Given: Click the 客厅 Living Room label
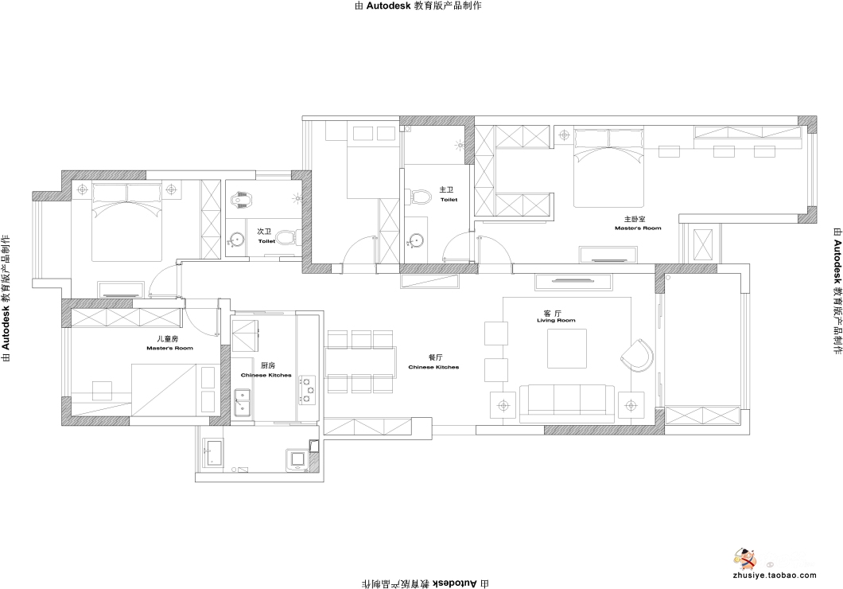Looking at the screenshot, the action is (x=556, y=316).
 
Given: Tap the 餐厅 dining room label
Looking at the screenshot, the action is (x=434, y=362).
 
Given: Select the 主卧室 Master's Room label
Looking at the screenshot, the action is (x=638, y=223).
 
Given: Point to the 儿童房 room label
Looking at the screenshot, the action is (x=169, y=343).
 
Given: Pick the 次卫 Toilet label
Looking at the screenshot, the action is (x=266, y=236).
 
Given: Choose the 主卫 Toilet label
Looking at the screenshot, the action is (x=448, y=194).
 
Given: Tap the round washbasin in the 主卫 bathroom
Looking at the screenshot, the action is (x=416, y=240).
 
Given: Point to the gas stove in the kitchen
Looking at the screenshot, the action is (x=308, y=390).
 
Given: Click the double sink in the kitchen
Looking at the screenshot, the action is (x=243, y=404).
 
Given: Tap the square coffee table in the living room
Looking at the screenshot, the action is (x=568, y=349).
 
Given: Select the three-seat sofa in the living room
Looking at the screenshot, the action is (x=567, y=400).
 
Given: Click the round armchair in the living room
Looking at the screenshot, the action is (x=638, y=355).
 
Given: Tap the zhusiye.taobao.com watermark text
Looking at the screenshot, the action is (x=774, y=575).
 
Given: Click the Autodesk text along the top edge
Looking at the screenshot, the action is (x=389, y=6).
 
